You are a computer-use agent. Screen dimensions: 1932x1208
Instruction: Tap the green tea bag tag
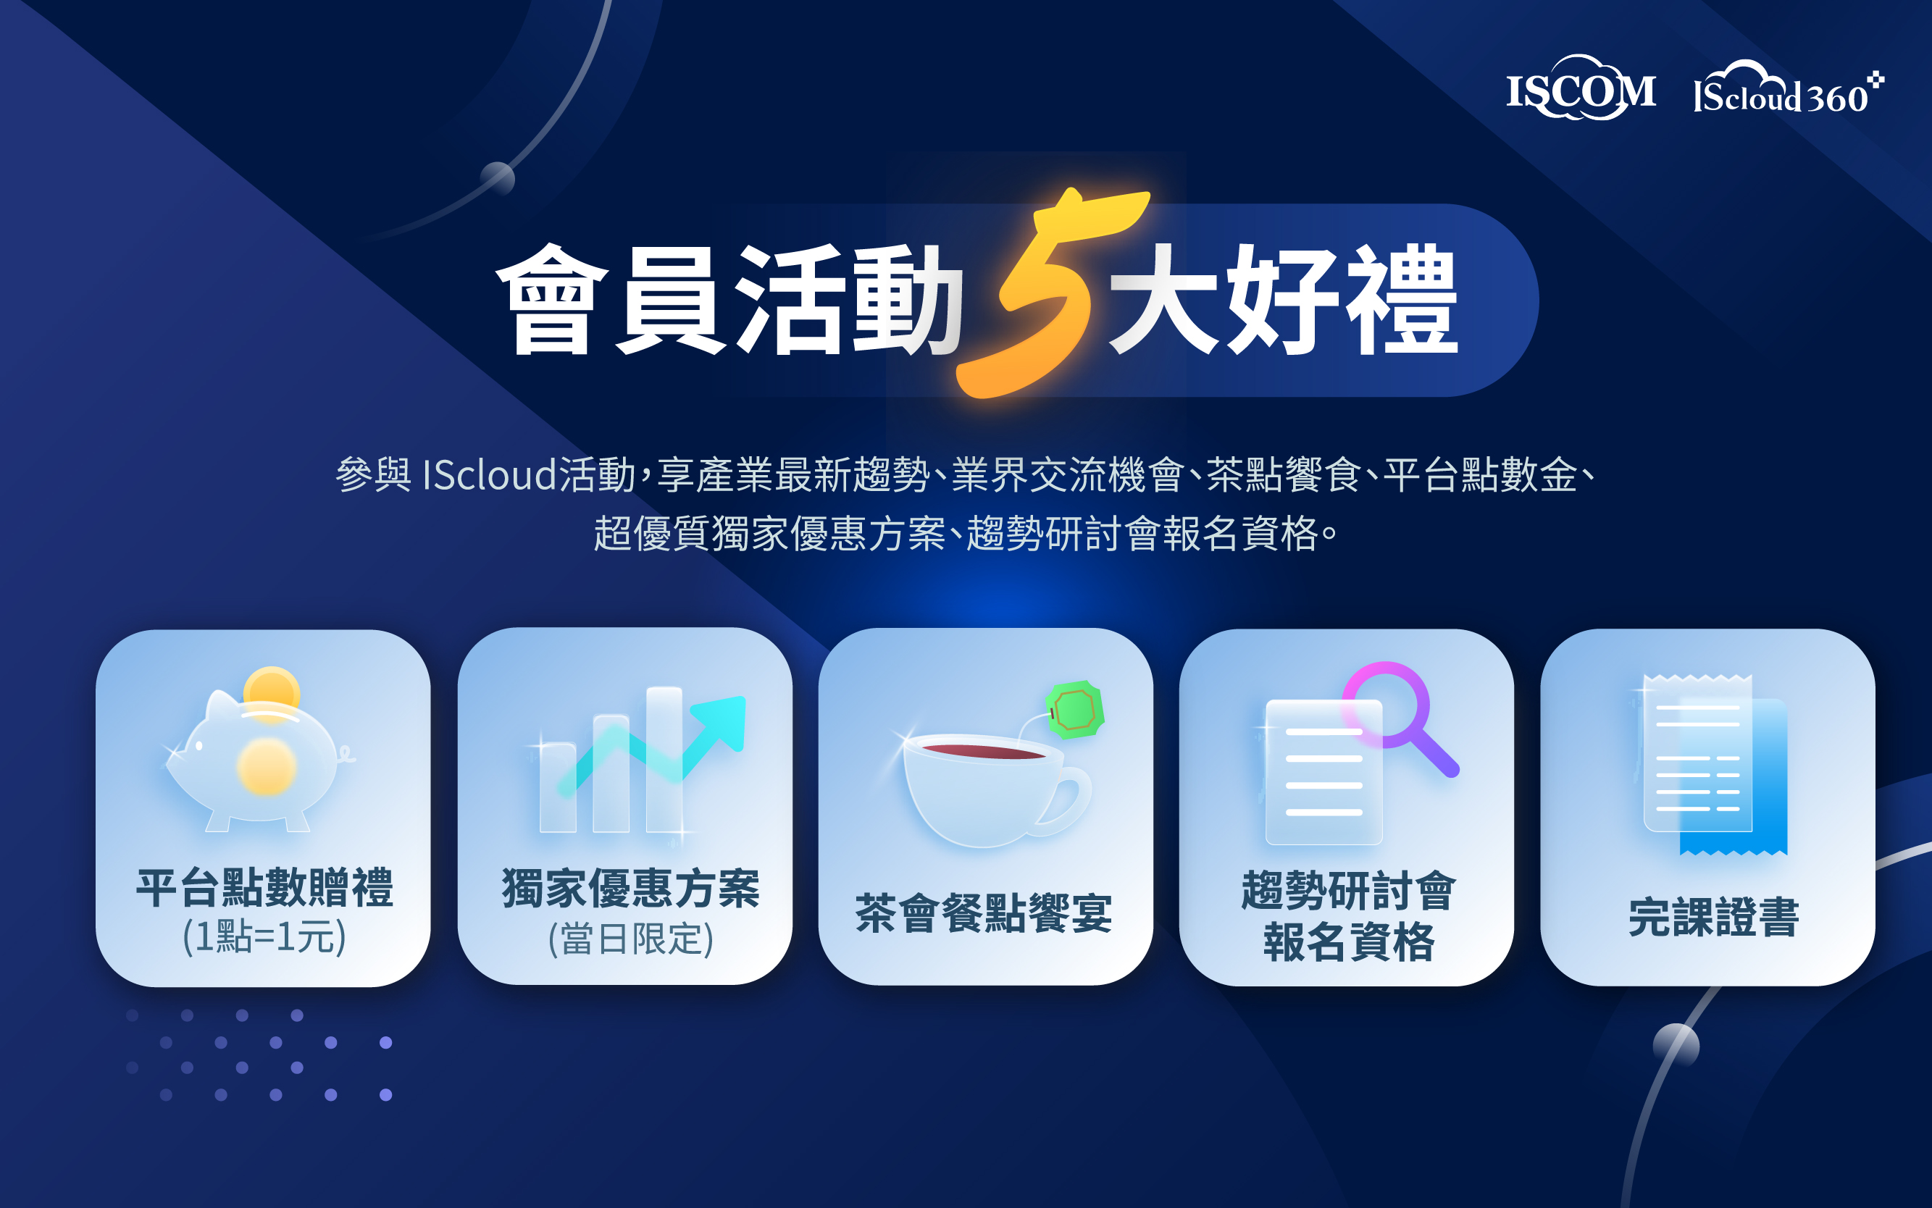1075,709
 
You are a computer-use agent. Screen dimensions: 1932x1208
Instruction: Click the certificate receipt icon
1714,765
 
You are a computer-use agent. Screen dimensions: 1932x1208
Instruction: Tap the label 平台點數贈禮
264,888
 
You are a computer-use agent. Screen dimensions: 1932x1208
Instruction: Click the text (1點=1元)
264,936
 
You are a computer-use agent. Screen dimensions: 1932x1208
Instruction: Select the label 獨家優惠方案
630,889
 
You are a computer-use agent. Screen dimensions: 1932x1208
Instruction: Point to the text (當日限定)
630,939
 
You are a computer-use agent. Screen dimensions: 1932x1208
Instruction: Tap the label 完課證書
1714,916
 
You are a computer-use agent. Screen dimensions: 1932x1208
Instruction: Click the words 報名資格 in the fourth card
1350,942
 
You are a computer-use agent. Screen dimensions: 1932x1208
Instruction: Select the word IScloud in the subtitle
489,474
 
